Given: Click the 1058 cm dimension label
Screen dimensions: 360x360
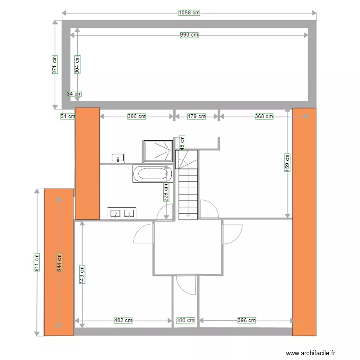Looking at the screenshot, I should [x=189, y=13].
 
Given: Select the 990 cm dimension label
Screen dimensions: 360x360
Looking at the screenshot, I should [x=189, y=35].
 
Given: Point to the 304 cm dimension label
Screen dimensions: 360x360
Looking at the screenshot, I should [x=77, y=63].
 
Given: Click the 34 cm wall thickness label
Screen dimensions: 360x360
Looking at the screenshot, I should [x=74, y=94].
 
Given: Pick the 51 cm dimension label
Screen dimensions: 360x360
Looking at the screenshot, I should [x=68, y=116].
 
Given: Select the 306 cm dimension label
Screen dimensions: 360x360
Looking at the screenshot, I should [x=136, y=116].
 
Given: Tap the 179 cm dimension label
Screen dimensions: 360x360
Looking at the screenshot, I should [x=196, y=116].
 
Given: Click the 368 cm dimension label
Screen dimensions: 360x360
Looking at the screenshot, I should [x=264, y=116].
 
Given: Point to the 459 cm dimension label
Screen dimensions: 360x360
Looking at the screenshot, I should [x=287, y=162].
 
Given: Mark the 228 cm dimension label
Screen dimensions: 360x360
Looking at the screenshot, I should [x=166, y=193].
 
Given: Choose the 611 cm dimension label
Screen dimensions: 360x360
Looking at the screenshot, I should [x=36, y=262].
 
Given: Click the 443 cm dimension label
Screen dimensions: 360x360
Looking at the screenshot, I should [x=82, y=275].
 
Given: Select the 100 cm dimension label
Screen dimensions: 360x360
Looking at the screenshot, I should [x=185, y=320].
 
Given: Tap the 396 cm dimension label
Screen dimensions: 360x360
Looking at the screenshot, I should [x=246, y=320].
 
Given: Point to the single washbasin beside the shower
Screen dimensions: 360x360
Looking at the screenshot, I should [x=118, y=157].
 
